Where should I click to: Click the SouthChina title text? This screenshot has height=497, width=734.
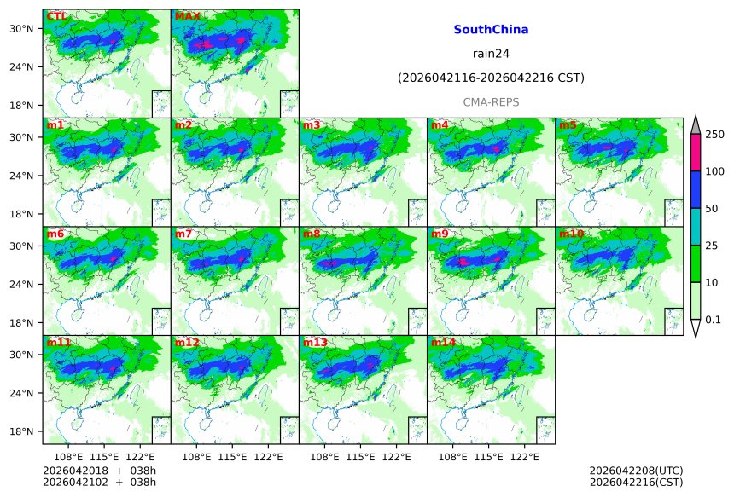[491, 30]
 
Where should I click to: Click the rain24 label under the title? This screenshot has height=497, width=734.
[491, 54]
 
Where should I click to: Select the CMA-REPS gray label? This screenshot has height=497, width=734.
[491, 102]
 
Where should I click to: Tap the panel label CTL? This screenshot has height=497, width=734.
[57, 16]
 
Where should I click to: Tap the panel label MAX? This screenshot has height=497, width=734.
[187, 16]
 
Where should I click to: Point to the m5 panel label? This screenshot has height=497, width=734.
[568, 125]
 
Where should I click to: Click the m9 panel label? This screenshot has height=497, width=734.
[440, 234]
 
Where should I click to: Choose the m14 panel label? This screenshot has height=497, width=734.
[442, 343]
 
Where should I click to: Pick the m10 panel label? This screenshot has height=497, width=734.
[571, 234]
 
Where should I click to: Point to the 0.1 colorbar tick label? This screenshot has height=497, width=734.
[714, 320]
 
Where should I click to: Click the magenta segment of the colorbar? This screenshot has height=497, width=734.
[695, 153]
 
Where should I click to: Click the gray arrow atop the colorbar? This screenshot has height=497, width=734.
[695, 124]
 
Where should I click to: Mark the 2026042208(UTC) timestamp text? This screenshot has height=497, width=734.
[636, 471]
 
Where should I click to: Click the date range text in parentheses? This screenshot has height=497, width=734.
[491, 78]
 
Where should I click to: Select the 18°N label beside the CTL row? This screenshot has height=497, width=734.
[25, 106]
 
